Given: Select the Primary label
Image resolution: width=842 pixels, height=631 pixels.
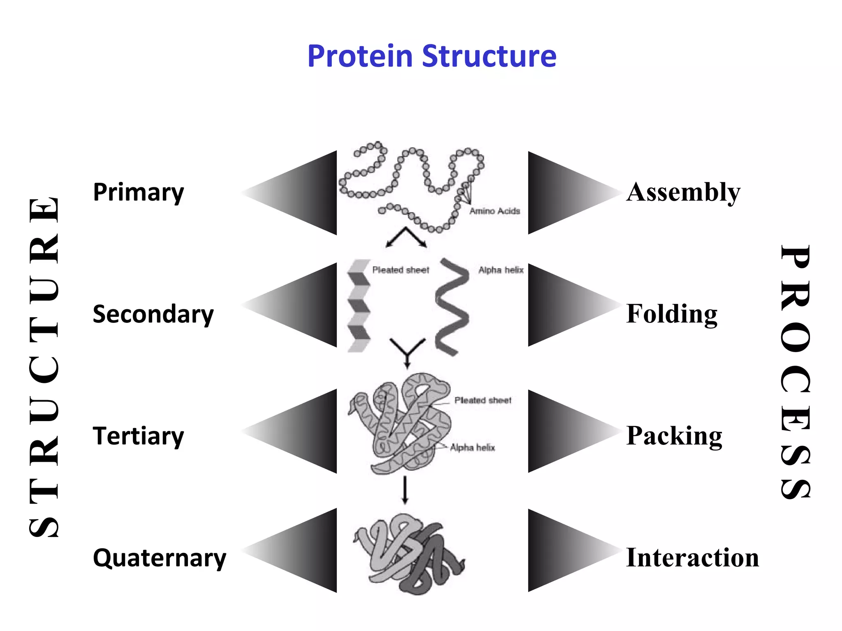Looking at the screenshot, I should pyautogui.click(x=139, y=192).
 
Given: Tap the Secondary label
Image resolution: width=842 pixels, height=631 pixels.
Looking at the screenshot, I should pyautogui.click(x=153, y=314).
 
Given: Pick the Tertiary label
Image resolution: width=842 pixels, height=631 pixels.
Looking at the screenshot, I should pyautogui.click(x=139, y=436).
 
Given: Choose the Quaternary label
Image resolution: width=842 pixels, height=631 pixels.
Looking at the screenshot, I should pyautogui.click(x=160, y=558).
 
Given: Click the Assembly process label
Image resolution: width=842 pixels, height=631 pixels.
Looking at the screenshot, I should pyautogui.click(x=683, y=192).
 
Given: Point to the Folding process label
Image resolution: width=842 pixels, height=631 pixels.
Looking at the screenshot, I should pyautogui.click(x=672, y=314).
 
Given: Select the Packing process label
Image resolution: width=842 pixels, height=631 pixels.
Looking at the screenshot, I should pyautogui.click(x=674, y=436).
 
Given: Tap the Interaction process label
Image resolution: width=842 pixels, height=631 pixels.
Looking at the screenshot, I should pyautogui.click(x=692, y=558).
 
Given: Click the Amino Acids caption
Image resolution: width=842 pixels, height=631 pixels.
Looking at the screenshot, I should pyautogui.click(x=495, y=211).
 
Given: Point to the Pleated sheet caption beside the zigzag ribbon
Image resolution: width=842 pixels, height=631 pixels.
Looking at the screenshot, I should pyautogui.click(x=400, y=270).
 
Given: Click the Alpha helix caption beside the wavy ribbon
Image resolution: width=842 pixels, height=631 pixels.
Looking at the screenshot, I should pyautogui.click(x=501, y=270).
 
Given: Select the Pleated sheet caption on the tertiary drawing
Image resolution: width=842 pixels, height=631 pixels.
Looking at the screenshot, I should pyautogui.click(x=483, y=400).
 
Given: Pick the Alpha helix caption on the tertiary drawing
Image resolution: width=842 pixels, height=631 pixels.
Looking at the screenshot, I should pyautogui.click(x=472, y=447).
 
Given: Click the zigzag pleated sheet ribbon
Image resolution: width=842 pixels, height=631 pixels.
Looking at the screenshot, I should pyautogui.click(x=359, y=306).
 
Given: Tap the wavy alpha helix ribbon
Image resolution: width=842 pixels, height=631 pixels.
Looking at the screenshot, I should pyautogui.click(x=452, y=306).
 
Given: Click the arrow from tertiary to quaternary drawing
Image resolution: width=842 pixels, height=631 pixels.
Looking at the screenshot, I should pyautogui.click(x=405, y=490).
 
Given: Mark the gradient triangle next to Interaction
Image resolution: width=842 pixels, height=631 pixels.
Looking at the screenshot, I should pyautogui.click(x=563, y=550).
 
